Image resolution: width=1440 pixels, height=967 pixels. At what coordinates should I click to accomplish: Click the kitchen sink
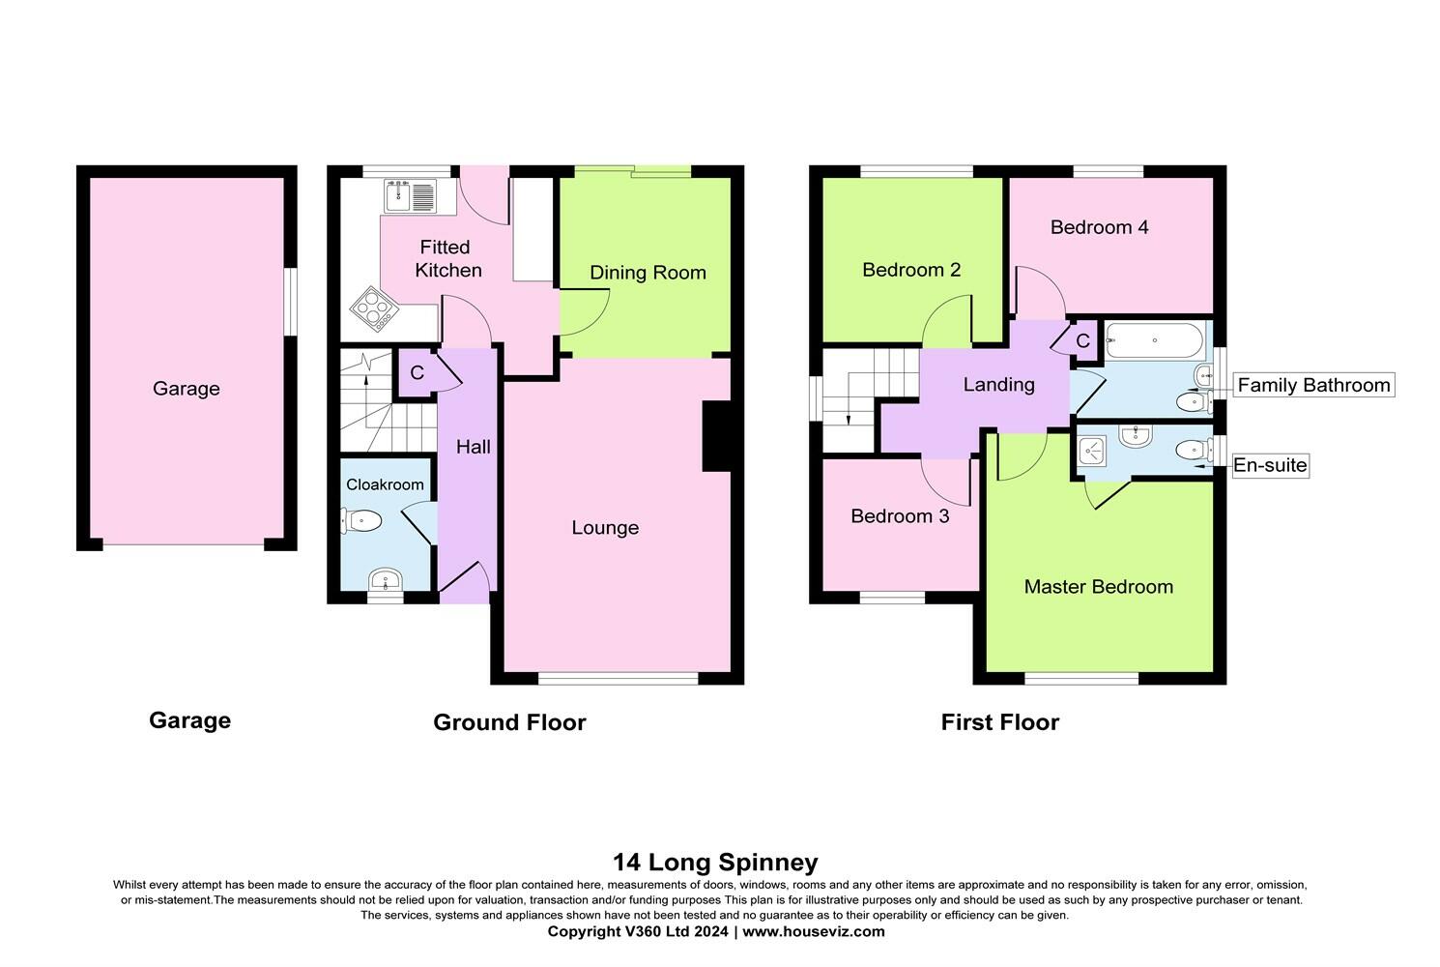(411, 195)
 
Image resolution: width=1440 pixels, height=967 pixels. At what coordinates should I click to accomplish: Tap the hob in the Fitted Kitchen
(374, 308)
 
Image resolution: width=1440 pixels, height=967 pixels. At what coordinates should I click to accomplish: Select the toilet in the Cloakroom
(361, 520)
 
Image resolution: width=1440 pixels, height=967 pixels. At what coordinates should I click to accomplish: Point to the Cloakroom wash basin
(386, 581)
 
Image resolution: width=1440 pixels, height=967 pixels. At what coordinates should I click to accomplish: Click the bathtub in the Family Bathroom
(1155, 340)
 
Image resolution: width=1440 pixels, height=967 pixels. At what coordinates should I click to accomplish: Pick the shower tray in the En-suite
(1091, 451)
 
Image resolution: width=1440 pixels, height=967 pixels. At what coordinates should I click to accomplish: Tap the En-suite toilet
(1195, 450)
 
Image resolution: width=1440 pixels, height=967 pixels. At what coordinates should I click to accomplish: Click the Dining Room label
(648, 273)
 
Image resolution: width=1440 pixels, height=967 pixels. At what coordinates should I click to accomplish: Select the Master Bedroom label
(1099, 587)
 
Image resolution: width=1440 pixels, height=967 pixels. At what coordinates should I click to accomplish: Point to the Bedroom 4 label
(1099, 227)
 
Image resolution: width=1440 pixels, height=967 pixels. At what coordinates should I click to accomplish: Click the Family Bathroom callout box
(1314, 385)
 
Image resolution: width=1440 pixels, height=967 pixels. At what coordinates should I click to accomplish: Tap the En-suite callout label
(1270, 465)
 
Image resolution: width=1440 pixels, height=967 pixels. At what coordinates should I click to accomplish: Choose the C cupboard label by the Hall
(418, 372)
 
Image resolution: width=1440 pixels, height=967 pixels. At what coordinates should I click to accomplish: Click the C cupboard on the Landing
(1083, 340)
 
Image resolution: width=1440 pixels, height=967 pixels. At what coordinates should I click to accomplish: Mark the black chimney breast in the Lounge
(717, 437)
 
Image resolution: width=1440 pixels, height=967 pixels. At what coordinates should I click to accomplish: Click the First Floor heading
(1000, 722)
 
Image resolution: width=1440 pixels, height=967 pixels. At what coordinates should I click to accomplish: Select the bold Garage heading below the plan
(189, 720)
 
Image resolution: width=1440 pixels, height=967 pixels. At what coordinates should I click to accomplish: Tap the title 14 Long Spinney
(715, 862)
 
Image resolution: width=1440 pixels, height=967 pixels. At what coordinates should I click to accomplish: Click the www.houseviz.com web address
(814, 931)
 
